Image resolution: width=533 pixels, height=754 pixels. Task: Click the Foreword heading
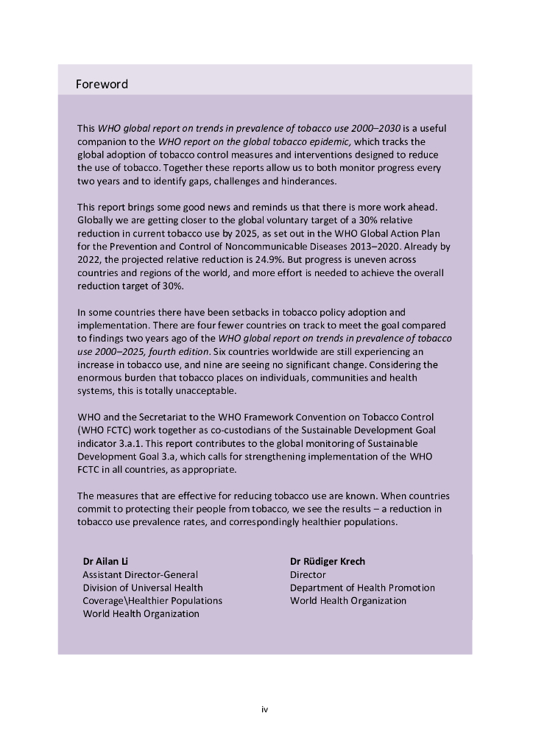102,85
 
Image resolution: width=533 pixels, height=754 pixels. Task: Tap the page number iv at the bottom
265,709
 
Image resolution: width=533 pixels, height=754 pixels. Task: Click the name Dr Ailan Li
107,561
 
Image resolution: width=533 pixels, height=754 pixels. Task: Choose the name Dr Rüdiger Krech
328,561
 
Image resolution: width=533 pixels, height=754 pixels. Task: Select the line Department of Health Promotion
362,588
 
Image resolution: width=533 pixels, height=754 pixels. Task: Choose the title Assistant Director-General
140,574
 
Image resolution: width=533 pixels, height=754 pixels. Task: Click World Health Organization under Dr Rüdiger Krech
348,601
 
